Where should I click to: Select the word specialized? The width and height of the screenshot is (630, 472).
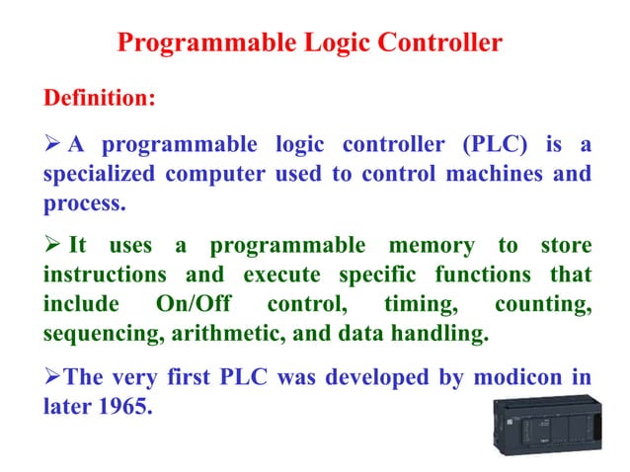tap(98, 176)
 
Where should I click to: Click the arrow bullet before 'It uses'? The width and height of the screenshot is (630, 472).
tap(50, 245)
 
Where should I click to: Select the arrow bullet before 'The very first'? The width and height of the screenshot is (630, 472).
tap(49, 377)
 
